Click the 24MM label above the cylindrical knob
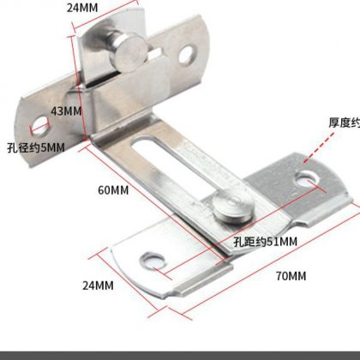point(82,8)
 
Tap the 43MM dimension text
point(66,111)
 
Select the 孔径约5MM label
point(36,147)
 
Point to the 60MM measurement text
point(113,190)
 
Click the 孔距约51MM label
point(266,242)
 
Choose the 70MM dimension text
point(291,276)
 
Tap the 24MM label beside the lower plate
point(98,285)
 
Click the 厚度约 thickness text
point(344,123)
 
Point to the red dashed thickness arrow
point(318,147)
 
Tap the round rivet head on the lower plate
point(234,207)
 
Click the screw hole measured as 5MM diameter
point(40,126)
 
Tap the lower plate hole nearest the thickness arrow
point(307,179)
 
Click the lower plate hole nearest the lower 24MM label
point(153,261)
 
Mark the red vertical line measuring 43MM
point(78,87)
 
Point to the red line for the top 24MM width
point(105,14)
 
